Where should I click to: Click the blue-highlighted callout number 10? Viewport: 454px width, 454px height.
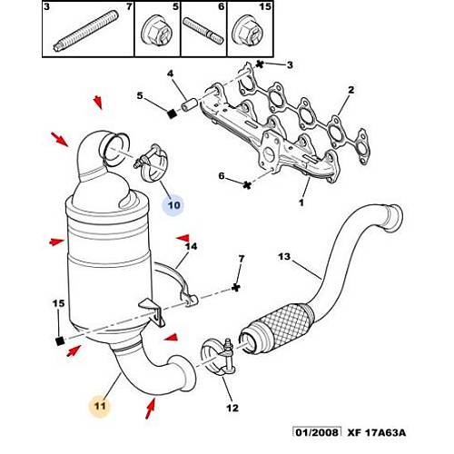pyautogui.click(x=173, y=205)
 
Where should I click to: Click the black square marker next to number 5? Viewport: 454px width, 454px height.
pyautogui.click(x=170, y=113)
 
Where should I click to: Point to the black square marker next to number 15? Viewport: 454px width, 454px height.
pyautogui.click(x=59, y=340)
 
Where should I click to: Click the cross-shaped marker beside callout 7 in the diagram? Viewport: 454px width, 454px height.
pyautogui.click(x=234, y=287)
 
